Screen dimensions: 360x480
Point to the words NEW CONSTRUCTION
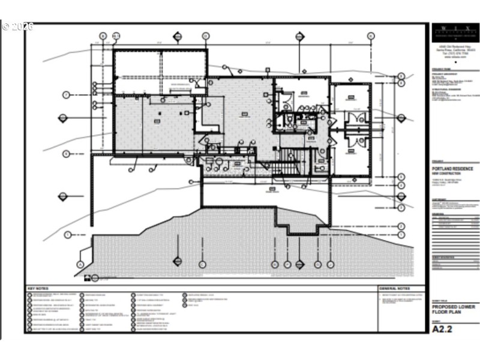pyautogui.click(x=446, y=173)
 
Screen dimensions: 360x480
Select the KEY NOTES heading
pyautogui.click(x=37, y=288)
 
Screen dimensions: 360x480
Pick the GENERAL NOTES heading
pyautogui.click(x=394, y=288)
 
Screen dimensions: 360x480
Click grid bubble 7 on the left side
pyautogui.click(x=67, y=95)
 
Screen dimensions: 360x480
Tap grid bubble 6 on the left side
pyautogui.click(x=67, y=154)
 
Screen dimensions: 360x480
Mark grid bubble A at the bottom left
pyautogui.click(x=80, y=264)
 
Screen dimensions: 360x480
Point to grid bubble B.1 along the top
pyautogui.click(x=116, y=36)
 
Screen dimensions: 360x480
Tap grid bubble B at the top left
pyautogui.click(x=103, y=36)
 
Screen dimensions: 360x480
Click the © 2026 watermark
pyautogui.click(x=18, y=26)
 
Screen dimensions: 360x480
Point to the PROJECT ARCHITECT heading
pyautogui.click(x=445, y=75)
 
